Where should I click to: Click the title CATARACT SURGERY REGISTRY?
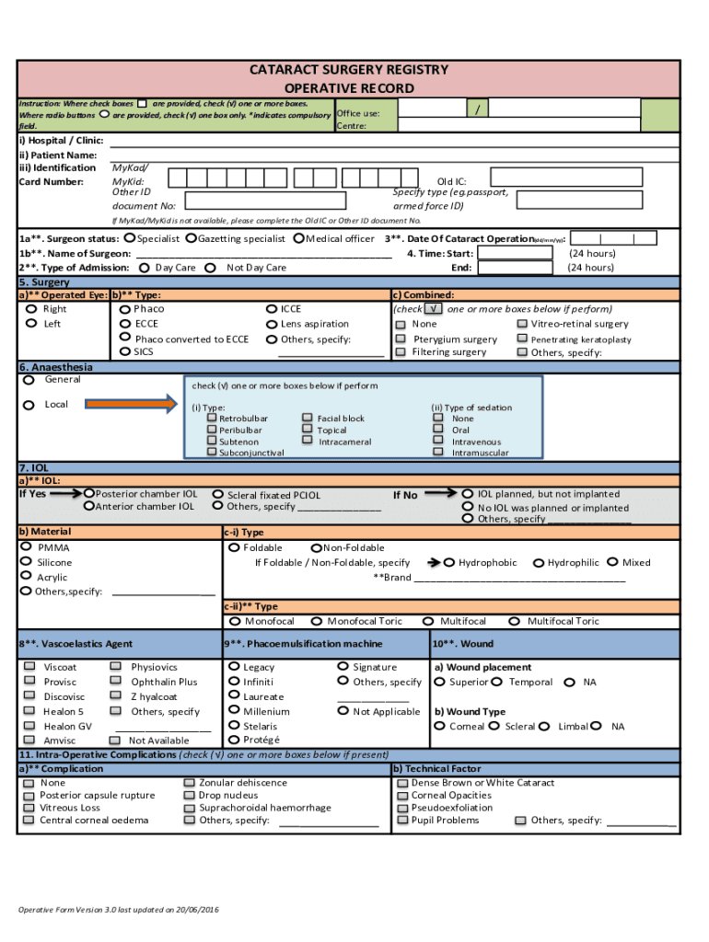(349, 70)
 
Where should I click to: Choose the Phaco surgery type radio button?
(125, 310)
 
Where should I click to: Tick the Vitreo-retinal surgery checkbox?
(522, 324)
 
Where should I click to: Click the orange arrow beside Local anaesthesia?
(130, 403)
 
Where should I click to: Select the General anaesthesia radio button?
(29, 380)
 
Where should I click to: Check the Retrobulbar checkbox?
(212, 419)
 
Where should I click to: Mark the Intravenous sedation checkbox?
(438, 442)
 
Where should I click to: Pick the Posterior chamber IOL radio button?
(89, 494)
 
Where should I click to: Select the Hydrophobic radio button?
(449, 562)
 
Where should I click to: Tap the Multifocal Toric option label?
(563, 622)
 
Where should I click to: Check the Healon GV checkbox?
(29, 726)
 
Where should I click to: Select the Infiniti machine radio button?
(234, 682)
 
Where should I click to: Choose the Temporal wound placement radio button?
(497, 682)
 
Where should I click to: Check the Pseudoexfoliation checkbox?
(402, 808)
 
